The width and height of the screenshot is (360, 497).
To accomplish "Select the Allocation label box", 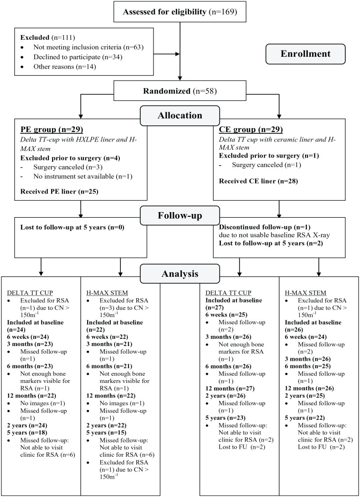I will pos(180,115).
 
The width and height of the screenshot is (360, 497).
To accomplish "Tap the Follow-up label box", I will pos(180,215).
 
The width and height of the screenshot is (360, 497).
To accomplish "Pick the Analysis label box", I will pos(180,273).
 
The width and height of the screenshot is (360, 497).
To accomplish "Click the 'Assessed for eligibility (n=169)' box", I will pos(180,11).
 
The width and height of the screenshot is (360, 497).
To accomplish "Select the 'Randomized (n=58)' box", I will pos(180,90).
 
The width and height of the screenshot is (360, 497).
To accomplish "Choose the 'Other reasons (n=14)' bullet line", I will pos(64,67).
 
